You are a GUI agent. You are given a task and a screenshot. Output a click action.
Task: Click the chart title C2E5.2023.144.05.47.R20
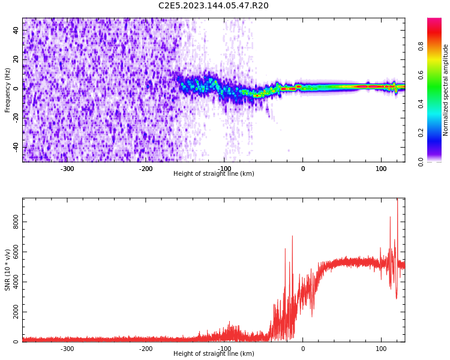coord(214,6)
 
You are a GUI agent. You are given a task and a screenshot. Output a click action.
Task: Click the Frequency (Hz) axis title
coord(8,90)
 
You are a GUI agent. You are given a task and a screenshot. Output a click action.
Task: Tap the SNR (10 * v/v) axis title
coord(8,270)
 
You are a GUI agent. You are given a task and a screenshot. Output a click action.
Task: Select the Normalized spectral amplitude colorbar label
coord(446,90)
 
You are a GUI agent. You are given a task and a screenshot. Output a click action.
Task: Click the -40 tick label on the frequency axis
coord(16,147)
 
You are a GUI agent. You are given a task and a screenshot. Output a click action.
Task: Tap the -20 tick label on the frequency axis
coord(16,118)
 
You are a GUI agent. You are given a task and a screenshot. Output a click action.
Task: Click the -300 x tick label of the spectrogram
coord(67,169)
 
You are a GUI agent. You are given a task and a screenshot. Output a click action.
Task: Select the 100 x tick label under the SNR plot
coord(381,349)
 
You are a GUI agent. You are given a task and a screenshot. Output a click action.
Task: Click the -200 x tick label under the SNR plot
coord(146,349)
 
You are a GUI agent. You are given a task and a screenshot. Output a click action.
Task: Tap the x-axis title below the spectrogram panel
coord(214,174)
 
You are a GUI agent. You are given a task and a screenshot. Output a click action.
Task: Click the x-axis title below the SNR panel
coord(214,354)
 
